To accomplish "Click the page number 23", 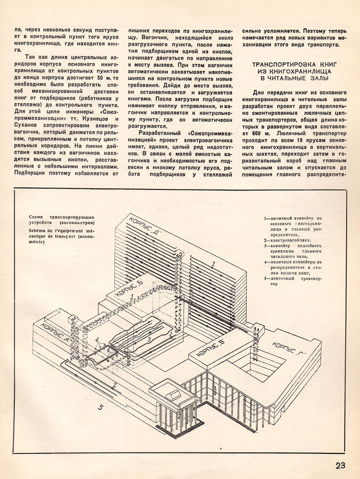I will [340, 465].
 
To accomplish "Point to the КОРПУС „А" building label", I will [54, 334].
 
